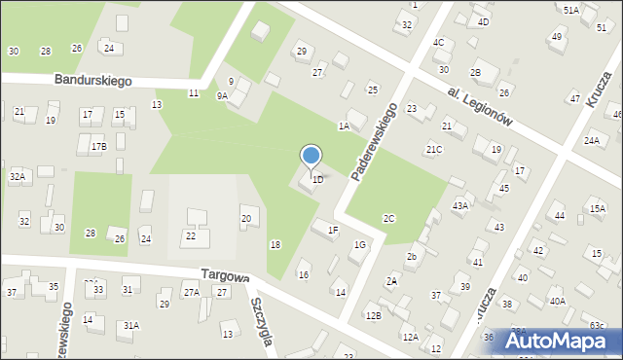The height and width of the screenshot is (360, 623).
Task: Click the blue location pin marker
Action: pos(311,157)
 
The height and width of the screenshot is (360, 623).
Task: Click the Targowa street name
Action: pos(226,276)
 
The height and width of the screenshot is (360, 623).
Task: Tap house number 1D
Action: pos(317,180)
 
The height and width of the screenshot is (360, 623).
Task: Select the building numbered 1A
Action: pos(344,126)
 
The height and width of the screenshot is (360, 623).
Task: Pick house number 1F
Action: pos(333,230)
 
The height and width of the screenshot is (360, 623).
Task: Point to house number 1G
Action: pos(360,245)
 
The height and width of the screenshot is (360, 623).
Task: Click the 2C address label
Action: pos(389,218)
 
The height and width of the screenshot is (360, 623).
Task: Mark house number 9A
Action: pos(222,95)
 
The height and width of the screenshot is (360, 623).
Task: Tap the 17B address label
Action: pos(98,146)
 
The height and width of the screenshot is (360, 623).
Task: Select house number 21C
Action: pos(434,149)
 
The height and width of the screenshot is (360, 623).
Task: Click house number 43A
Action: pos(460,205)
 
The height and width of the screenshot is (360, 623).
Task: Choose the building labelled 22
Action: pos(191,236)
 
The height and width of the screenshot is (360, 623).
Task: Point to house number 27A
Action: pos(192,292)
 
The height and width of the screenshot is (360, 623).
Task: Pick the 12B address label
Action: pos(372,316)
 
